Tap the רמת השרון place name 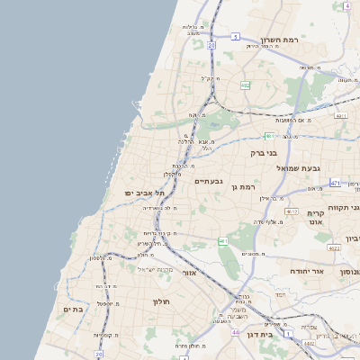(279, 40)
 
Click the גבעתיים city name (209, 181)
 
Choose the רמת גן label (245, 187)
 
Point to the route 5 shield (236, 37)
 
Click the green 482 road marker (245, 85)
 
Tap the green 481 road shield (269, 136)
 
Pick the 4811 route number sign (340, 116)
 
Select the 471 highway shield (336, 183)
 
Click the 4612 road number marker (292, 211)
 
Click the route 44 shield (234, 333)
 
